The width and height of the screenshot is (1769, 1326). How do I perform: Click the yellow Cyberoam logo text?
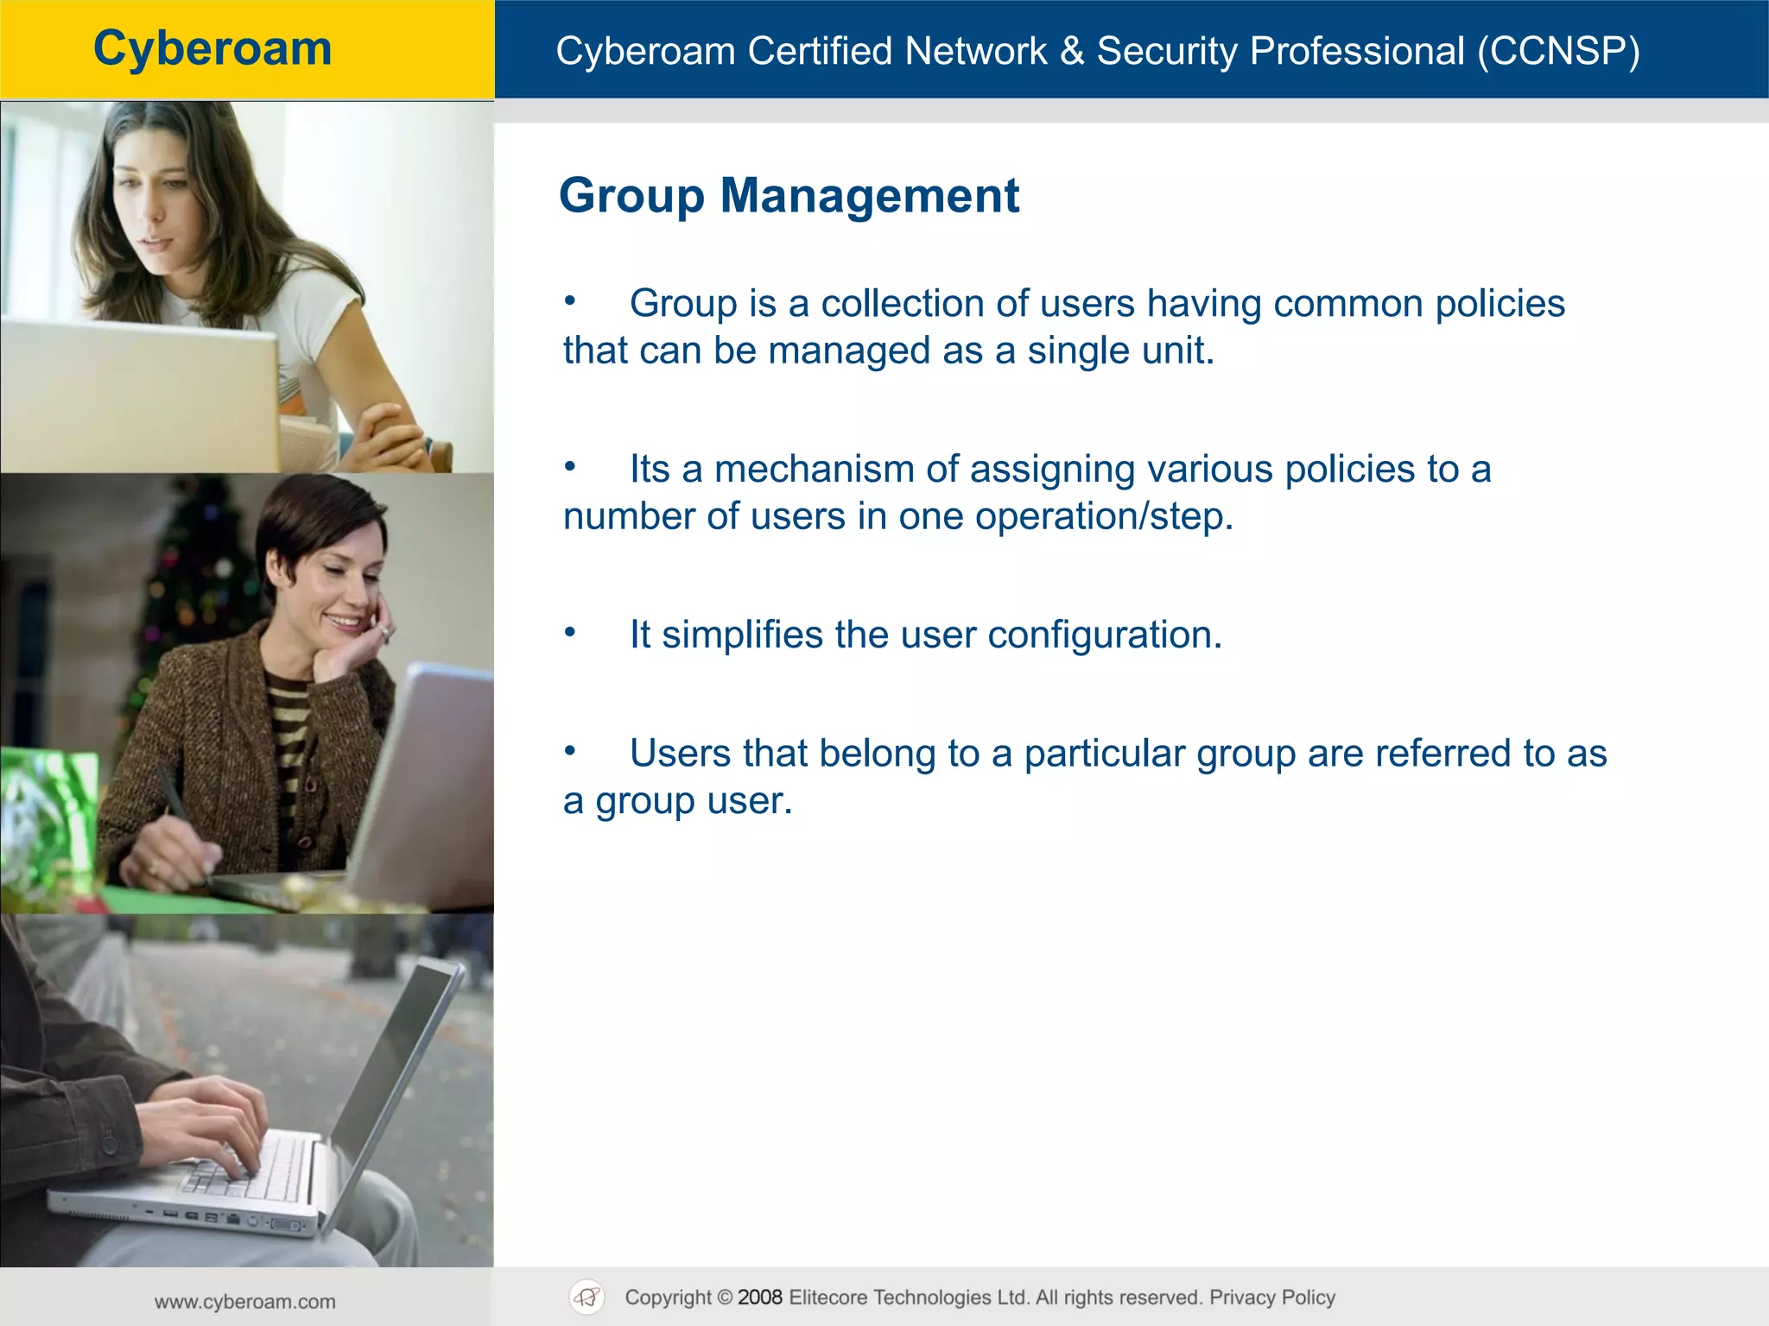212,48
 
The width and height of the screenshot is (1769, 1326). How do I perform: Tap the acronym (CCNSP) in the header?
1557,51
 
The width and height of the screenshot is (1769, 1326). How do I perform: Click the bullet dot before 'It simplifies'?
569,632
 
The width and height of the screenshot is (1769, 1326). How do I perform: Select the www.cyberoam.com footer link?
245,1302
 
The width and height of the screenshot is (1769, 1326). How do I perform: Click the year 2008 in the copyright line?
759,1298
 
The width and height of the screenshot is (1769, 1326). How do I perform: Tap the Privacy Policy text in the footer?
1271,1298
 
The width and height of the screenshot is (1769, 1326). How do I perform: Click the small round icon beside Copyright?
587,1297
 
